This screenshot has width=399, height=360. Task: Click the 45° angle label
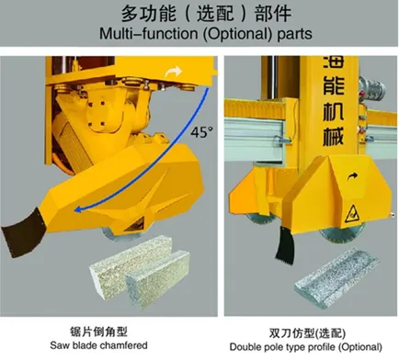coord(201,132)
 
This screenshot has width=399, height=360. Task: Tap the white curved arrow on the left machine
coord(173,73)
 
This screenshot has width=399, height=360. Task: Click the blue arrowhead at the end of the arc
coord(78,209)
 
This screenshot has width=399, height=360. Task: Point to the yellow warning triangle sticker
coord(352,214)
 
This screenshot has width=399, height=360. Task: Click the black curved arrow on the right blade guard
coord(352,176)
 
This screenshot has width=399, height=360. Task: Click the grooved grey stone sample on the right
coord(335,278)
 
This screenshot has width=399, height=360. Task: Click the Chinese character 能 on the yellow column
coord(334,84)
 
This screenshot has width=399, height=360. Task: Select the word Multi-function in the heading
coord(149,34)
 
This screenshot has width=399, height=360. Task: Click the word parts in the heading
coord(294,34)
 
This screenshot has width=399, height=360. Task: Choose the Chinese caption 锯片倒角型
coord(98,332)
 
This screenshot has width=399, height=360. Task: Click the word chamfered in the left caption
coord(124,345)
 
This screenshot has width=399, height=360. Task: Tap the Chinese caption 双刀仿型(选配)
coord(307,333)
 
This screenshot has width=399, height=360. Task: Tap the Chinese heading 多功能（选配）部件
coord(206,14)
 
